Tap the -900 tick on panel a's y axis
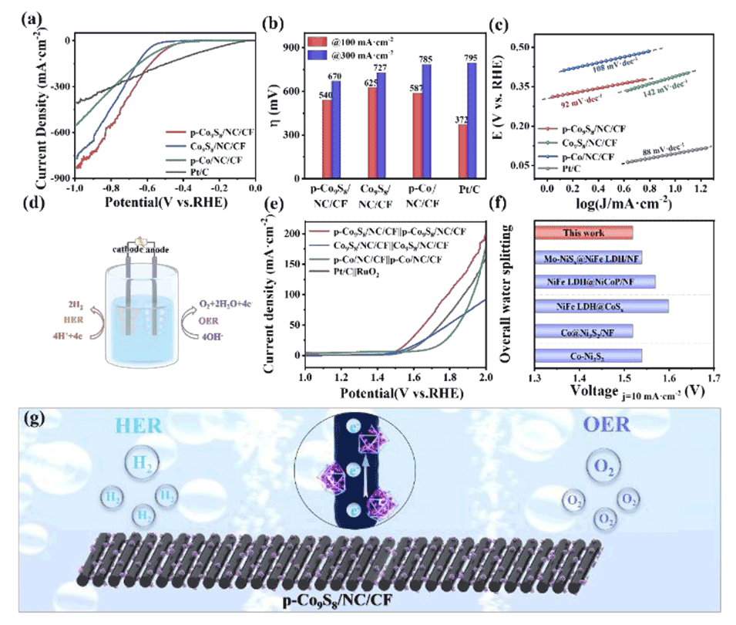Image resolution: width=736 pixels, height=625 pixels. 55,177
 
